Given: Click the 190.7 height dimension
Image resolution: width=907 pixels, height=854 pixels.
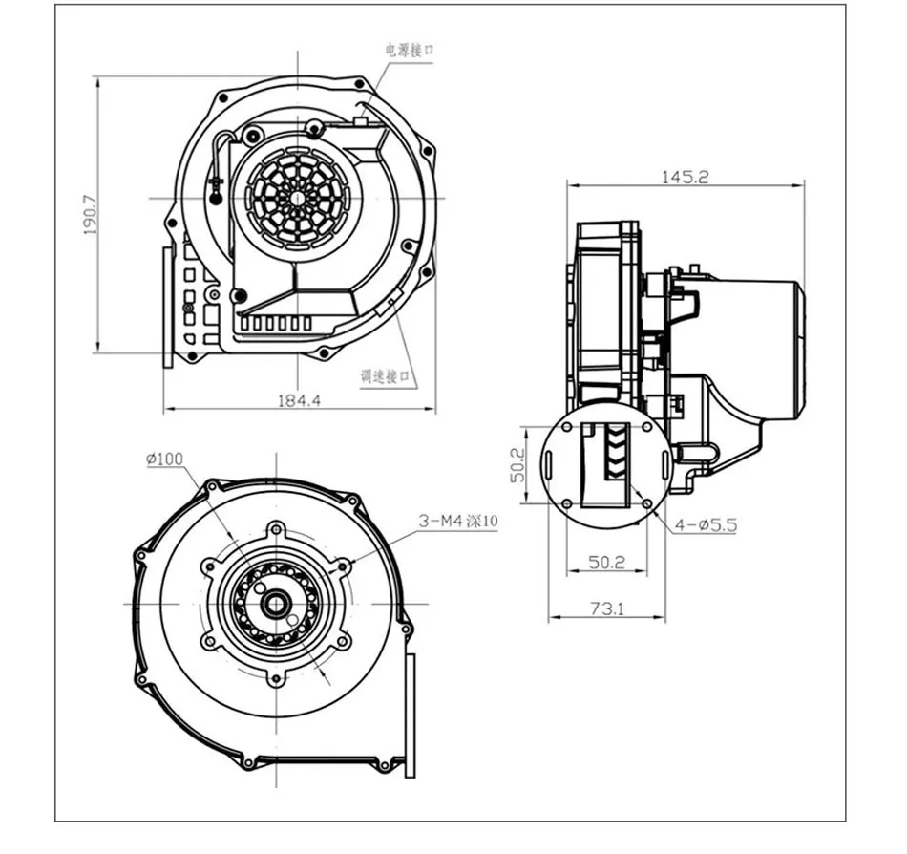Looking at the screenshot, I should coord(92,216).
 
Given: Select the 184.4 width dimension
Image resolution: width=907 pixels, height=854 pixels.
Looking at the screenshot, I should coord(298,401).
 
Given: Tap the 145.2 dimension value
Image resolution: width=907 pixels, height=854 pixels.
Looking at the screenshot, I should coord(684,177).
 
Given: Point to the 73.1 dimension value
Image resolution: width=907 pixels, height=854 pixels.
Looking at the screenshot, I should coord(605,608).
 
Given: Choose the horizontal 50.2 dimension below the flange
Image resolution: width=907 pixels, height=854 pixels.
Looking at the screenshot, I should coord(605,563).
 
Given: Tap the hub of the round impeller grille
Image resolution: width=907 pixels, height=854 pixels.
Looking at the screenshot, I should coord(297,196).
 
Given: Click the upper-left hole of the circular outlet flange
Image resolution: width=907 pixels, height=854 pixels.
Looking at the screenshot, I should coord(567,427).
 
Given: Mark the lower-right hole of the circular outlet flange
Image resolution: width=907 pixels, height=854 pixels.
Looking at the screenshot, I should coord(648,503).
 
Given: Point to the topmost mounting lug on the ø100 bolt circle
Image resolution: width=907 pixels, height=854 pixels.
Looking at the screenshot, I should coord(277,527).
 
